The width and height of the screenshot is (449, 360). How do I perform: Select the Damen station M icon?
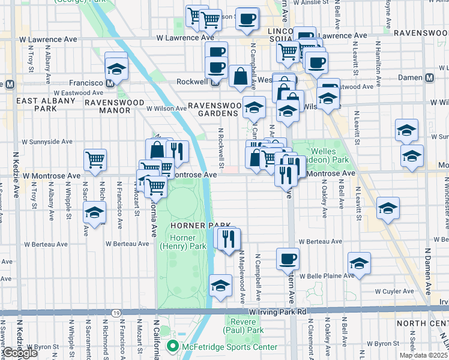(429, 77)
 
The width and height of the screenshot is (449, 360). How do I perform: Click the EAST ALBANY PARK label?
(37, 104)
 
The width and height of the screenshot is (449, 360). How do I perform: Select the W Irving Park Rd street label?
(278, 312)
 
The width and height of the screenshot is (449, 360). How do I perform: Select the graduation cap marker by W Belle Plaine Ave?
(359, 263)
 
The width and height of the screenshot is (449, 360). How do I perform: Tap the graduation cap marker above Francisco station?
(116, 67)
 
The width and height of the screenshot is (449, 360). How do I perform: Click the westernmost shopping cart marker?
(95, 159)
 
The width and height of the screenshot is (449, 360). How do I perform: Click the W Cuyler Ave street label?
(394, 291)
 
